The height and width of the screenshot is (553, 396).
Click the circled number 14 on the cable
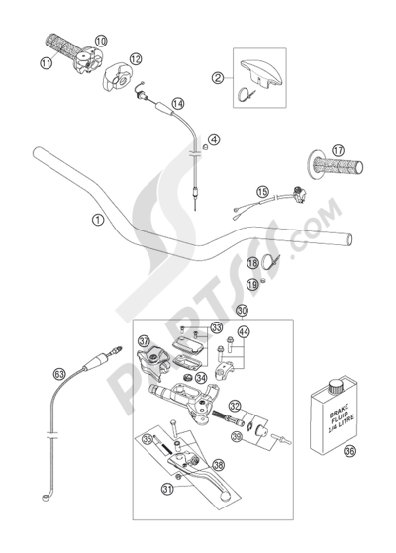[x=178, y=103]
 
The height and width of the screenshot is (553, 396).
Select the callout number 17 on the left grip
[x=338, y=151]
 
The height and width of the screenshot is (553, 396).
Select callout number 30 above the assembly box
[x=230, y=310]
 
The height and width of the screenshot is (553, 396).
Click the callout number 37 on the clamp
[x=145, y=342]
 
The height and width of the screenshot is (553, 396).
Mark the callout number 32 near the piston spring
[x=235, y=406]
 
